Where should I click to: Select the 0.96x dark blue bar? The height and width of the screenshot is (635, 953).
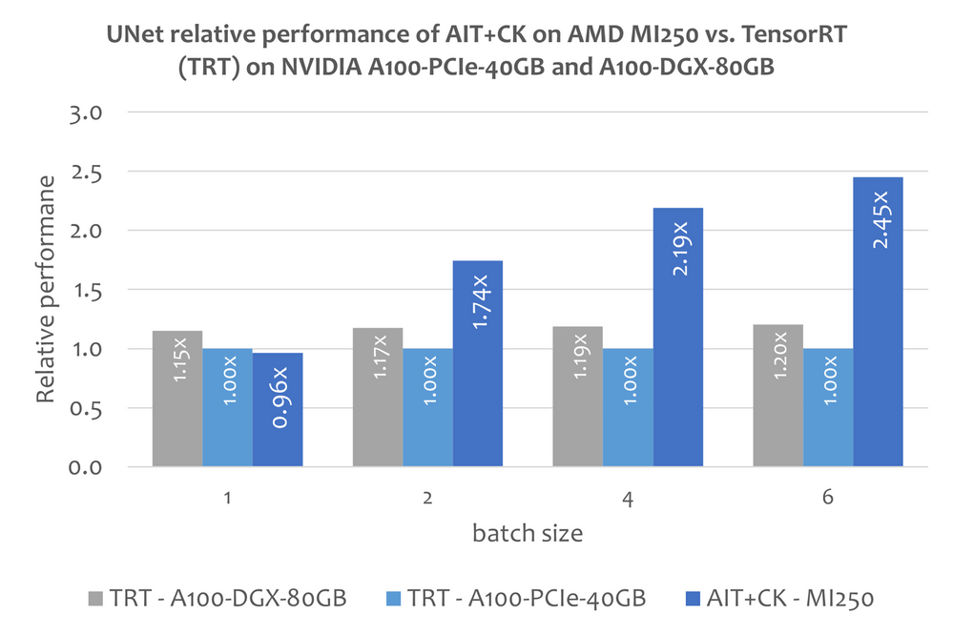278,410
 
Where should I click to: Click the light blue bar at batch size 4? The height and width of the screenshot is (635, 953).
628,407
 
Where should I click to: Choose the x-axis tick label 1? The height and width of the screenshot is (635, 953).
227,497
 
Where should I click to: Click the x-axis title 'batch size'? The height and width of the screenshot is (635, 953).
527,533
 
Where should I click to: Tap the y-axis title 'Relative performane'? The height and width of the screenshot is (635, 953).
45,290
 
